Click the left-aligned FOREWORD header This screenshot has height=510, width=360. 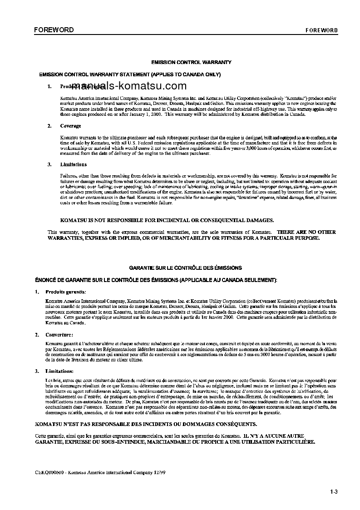pos(54,30)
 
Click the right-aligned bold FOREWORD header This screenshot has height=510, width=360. pos(321,30)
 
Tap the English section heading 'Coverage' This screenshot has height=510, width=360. pos(71,126)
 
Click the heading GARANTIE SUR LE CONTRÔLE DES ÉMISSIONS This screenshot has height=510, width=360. pos(186,268)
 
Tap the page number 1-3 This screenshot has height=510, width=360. pos(334,491)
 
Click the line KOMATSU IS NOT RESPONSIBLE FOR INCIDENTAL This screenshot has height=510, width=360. pos(164,220)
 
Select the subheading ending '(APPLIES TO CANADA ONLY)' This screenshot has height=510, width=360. pos(130,74)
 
